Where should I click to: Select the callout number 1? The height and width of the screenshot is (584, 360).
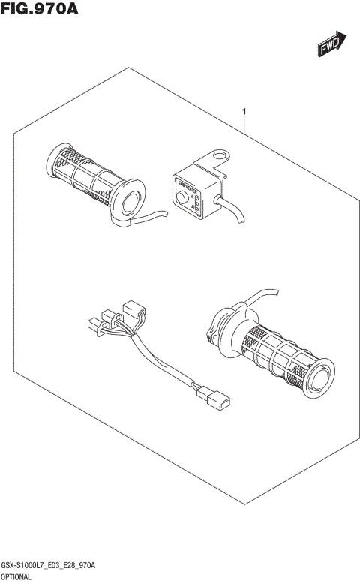[245, 113]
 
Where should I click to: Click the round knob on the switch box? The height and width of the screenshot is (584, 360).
[181, 196]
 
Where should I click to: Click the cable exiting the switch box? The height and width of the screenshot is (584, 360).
[234, 211]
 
